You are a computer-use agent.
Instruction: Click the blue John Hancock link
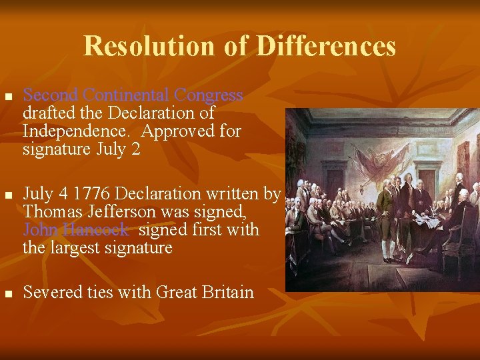(x=75, y=230)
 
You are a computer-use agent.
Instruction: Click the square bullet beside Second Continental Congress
(x=8, y=97)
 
